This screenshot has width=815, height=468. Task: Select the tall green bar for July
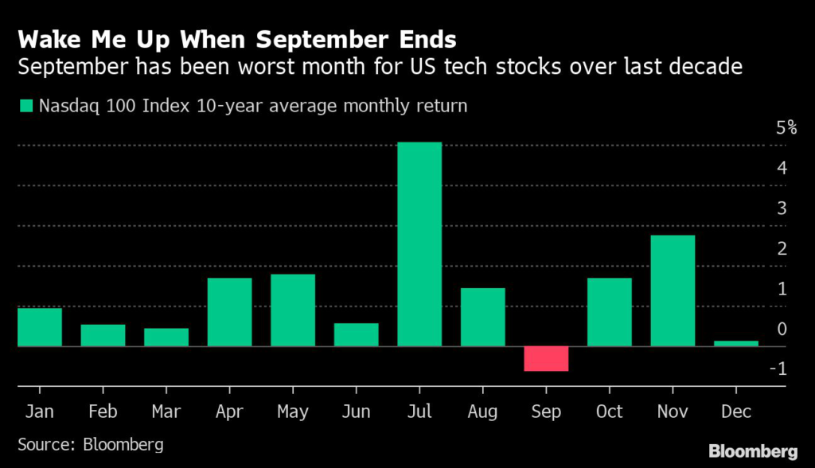point(419,244)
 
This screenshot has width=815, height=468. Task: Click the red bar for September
point(546,358)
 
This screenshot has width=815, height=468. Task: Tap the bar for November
point(673,291)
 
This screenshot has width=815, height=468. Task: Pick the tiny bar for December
point(736,343)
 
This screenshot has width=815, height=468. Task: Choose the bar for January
point(39,327)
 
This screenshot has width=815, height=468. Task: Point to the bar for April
point(229,312)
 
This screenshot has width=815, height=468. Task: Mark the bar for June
point(356,334)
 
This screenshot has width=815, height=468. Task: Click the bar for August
point(482,317)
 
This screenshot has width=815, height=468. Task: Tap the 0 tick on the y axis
point(782,329)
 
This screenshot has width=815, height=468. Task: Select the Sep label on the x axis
point(546,411)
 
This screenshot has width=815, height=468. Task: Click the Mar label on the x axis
point(166,411)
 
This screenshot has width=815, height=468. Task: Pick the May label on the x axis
point(292,411)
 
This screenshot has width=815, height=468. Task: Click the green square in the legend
point(25,105)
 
